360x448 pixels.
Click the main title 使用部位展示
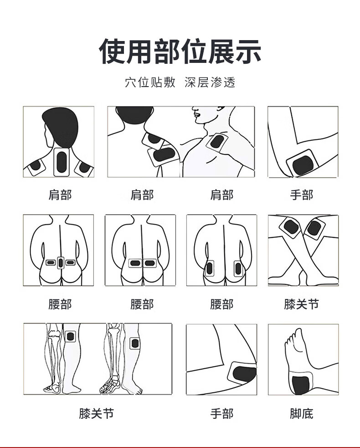pos(180,51)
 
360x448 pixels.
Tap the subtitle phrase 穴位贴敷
pos(150,82)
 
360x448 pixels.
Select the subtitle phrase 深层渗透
pos(210,82)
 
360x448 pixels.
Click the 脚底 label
pos(301,413)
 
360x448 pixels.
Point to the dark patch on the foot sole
pos(301,385)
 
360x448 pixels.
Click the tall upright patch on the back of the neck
pos(62,162)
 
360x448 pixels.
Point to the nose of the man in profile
pos(194,110)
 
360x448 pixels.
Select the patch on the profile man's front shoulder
pos(217,142)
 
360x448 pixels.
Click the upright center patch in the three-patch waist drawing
pos(60,263)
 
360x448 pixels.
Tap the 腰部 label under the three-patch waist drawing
pos(60,304)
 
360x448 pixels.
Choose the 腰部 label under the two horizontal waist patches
pos(142,304)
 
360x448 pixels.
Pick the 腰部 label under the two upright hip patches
pos(222,304)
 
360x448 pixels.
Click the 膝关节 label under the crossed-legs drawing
pos(301,304)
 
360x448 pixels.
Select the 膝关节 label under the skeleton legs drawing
pos(97,413)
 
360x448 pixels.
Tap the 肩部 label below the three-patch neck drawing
pos(60,195)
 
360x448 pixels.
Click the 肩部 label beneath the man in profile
pos(222,195)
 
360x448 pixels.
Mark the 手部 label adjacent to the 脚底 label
pos(222,413)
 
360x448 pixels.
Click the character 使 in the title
pos(112,51)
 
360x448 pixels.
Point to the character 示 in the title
pos(248,51)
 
